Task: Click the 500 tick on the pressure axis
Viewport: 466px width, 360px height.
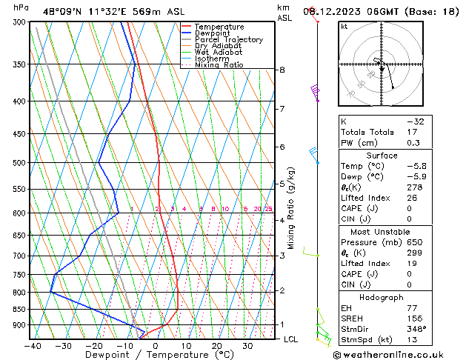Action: click(20, 163)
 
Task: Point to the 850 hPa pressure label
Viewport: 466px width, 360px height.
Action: click(20, 310)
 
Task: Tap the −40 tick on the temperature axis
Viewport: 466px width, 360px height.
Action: click(33, 345)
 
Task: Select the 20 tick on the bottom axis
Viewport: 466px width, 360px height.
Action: click(217, 345)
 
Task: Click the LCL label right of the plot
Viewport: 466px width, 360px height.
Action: click(291, 339)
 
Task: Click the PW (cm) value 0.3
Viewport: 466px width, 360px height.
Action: click(413, 143)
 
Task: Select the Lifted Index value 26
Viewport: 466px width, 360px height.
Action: click(413, 198)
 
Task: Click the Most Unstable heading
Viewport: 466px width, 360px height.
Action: click(382, 231)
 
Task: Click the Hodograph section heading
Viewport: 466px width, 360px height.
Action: click(382, 296)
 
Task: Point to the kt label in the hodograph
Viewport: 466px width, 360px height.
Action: click(344, 26)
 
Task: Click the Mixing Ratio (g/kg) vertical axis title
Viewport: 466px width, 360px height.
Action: click(291, 207)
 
